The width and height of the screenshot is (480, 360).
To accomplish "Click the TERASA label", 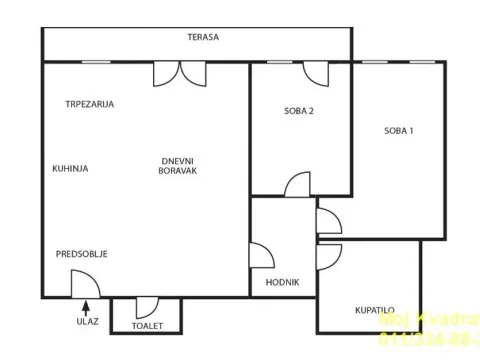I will pos(203,37).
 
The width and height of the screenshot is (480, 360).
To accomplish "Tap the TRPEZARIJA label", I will pos(89,104).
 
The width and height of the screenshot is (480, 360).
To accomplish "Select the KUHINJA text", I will pos(70,168).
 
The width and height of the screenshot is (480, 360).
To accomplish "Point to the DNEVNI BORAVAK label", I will pos(177,166).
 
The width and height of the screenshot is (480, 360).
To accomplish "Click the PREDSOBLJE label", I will pos(81,253).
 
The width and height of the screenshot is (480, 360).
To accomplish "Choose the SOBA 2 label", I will pos(300,111).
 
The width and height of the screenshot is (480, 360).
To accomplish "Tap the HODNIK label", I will pos(282,282).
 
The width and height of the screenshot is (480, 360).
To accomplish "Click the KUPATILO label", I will pos(374,311).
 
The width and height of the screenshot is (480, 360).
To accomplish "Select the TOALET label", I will pos(148,326).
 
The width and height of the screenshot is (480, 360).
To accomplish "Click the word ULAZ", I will pos(88,322).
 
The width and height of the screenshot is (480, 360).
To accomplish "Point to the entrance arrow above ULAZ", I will pos(88,306).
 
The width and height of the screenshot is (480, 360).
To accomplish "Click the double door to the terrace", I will pos(180,73).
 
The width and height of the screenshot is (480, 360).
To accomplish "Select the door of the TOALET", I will pos(145,306).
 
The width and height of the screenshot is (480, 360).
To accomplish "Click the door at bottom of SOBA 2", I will pos(298,185).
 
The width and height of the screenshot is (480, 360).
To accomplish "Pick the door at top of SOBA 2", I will pos(316,74).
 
